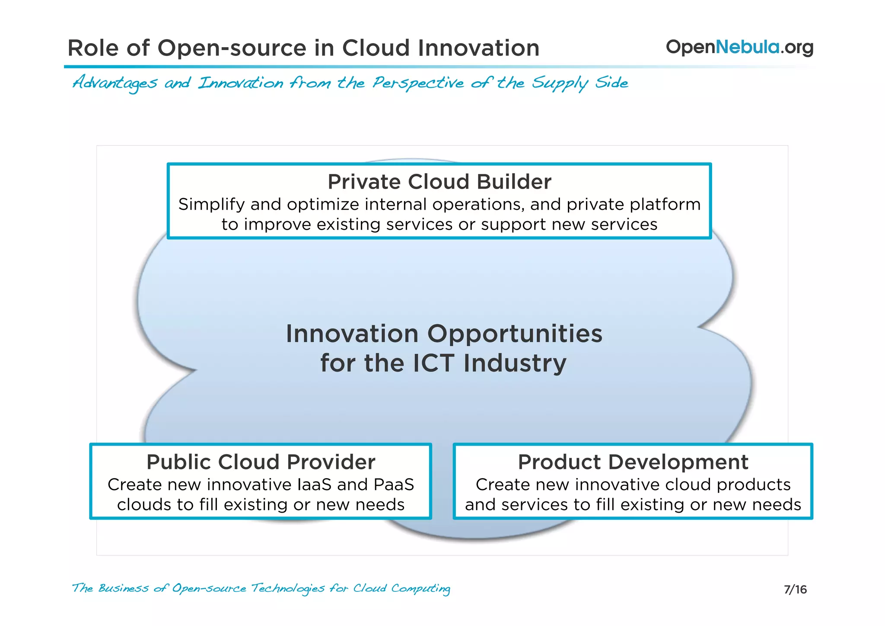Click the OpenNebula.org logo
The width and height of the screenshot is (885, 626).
pos(739,47)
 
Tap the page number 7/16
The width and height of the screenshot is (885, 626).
pos(795,590)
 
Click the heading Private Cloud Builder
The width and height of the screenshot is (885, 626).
pos(439,182)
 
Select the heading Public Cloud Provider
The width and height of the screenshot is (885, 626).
pos(261,462)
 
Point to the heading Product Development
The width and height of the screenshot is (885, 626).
pos(633,462)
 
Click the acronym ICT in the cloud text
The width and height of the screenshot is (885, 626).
pos(433,363)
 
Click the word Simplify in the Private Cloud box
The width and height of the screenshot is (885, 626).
pos(211,205)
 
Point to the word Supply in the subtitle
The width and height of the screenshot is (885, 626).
pos(560,83)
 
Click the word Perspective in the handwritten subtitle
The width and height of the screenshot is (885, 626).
pos(418,83)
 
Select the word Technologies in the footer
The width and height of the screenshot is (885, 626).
pos(287,589)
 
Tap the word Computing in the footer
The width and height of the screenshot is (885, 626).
pos(420,589)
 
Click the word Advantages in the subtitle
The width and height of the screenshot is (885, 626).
pos(115,83)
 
